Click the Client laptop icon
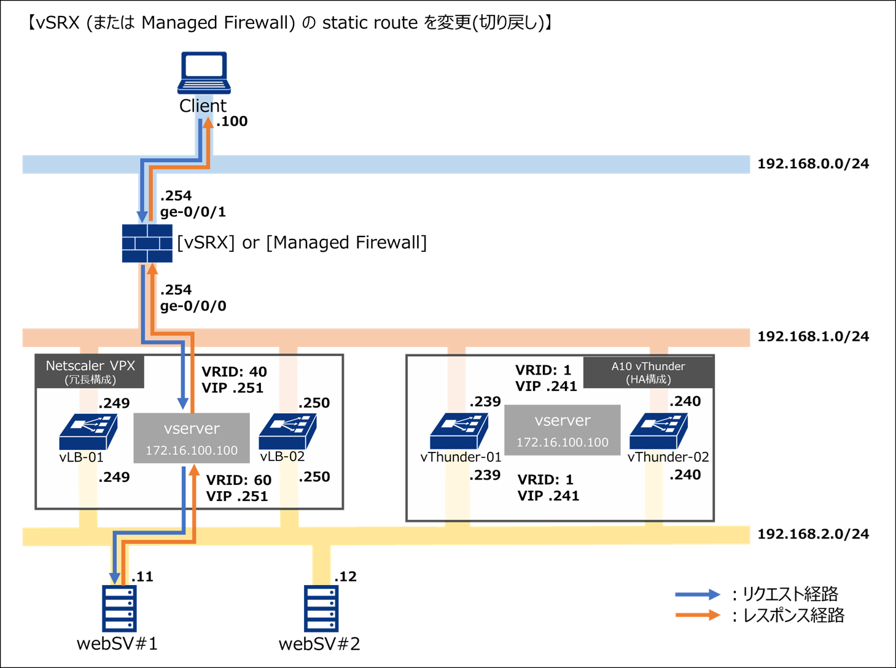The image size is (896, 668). (x=204, y=72)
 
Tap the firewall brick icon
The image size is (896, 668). (x=147, y=243)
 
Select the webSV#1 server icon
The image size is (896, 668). (x=119, y=608)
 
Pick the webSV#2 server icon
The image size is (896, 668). (x=321, y=608)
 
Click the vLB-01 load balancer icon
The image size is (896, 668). (x=88, y=432)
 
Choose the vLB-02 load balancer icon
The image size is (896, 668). (x=287, y=432)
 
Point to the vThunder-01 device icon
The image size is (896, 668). (x=459, y=430)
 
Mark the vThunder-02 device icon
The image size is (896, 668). (x=658, y=430)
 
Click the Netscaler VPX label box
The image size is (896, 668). (x=90, y=371)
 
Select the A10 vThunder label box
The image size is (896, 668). (x=648, y=372)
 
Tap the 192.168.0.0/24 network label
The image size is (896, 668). (x=812, y=164)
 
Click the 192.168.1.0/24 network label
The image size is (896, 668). (x=812, y=336)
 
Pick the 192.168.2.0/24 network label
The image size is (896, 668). (x=812, y=534)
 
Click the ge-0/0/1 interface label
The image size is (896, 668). (x=193, y=212)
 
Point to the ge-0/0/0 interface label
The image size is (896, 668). (x=193, y=306)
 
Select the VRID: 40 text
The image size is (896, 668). (x=234, y=372)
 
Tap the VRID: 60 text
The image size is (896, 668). (x=238, y=480)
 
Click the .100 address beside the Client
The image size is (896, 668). (x=232, y=122)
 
